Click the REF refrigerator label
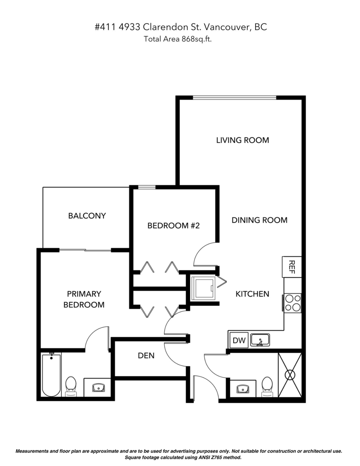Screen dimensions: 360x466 pyautogui.click(x=292, y=267)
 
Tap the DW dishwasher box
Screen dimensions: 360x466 pyautogui.click(x=239, y=340)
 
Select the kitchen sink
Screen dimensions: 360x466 pyautogui.click(x=260, y=340)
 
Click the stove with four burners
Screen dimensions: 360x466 pyautogui.click(x=293, y=303)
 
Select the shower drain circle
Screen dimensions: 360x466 pyautogui.click(x=290, y=375)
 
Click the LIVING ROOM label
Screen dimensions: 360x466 pyautogui.click(x=242, y=140)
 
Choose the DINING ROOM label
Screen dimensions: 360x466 pyautogui.click(x=259, y=220)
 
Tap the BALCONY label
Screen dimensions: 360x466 pyautogui.click(x=87, y=216)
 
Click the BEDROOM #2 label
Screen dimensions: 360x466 pyautogui.click(x=174, y=226)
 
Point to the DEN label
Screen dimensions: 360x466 pyautogui.click(x=146, y=356)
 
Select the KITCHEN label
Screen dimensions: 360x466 pyautogui.click(x=252, y=294)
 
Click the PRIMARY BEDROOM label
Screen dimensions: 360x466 pyautogui.click(x=84, y=299)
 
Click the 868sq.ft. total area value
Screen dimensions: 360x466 pyautogui.click(x=197, y=39)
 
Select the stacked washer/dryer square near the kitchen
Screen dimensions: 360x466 pyautogui.click(x=203, y=288)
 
